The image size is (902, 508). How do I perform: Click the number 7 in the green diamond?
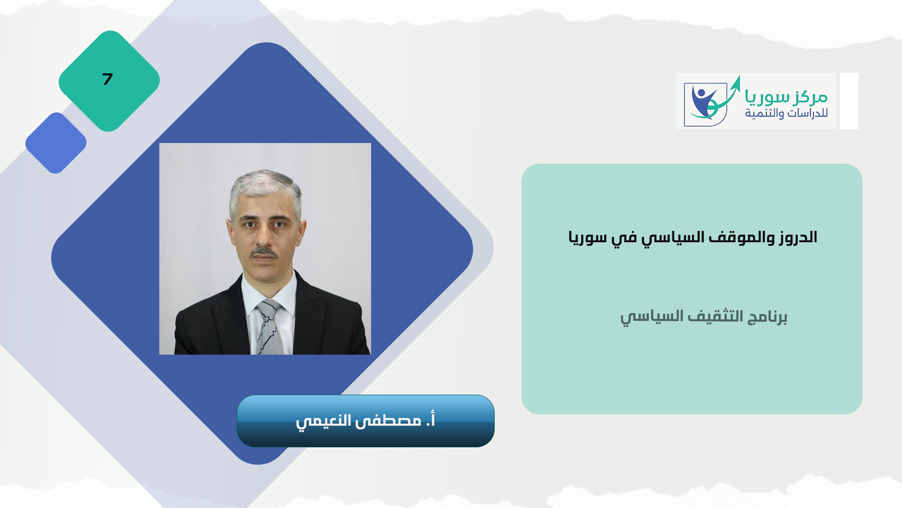pyautogui.click(x=108, y=79)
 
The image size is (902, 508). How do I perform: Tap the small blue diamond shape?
pyautogui.click(x=56, y=143)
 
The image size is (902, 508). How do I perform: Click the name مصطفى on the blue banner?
pyautogui.click(x=388, y=420)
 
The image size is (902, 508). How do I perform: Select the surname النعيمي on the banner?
pyautogui.click(x=324, y=421)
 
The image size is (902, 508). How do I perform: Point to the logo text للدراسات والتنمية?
pyautogui.click(x=786, y=113)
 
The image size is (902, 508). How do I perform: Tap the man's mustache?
pyautogui.click(x=264, y=253)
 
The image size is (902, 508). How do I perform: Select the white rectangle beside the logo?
pyautogui.click(x=849, y=101)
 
